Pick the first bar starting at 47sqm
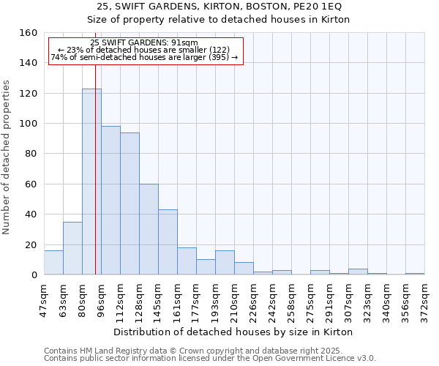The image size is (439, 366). [x=53, y=263]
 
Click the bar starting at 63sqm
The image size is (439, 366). [x=72, y=248]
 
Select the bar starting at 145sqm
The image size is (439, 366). [x=168, y=242]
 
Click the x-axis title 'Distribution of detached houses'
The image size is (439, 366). [x=234, y=332]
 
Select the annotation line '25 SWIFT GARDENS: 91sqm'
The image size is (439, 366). [x=144, y=43]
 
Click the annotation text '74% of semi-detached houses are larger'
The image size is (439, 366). [x=144, y=57]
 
